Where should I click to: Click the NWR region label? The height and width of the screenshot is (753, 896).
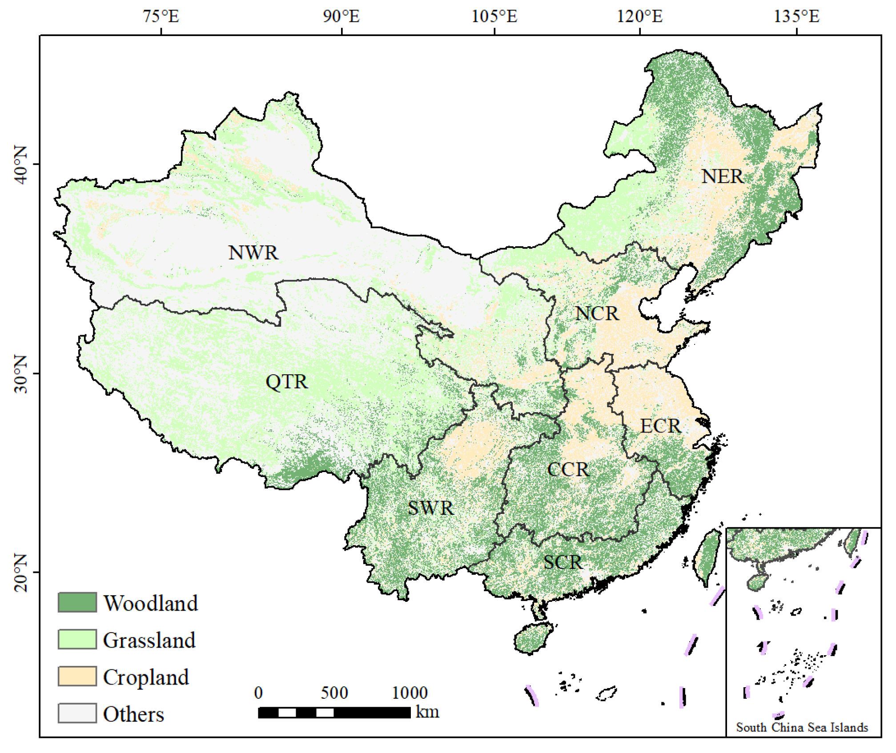(x=253, y=253)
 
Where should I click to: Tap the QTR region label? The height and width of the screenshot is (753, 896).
(x=286, y=382)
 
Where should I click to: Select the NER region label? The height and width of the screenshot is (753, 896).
(x=722, y=176)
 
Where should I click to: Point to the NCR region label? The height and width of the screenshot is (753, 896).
(x=597, y=314)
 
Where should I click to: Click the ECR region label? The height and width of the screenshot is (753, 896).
(x=660, y=426)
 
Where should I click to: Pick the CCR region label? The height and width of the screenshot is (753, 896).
(x=568, y=470)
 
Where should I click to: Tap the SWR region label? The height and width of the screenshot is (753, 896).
(x=431, y=508)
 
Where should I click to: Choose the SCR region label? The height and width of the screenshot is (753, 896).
(x=563, y=563)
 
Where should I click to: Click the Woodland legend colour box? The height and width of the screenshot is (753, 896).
(x=77, y=603)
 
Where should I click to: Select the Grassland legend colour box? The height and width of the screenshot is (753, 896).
(x=77, y=640)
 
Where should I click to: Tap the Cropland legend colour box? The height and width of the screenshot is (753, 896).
(x=77, y=677)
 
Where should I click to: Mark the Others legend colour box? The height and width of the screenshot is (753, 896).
(x=77, y=713)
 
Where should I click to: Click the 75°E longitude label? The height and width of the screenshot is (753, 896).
(x=161, y=16)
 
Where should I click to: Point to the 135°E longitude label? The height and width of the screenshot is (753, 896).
(x=796, y=16)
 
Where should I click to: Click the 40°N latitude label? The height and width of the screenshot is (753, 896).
(x=20, y=164)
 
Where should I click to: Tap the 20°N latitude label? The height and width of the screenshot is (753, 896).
(x=20, y=573)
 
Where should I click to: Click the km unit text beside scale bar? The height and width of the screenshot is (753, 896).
(x=427, y=712)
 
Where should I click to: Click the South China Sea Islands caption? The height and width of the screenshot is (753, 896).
(x=802, y=727)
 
